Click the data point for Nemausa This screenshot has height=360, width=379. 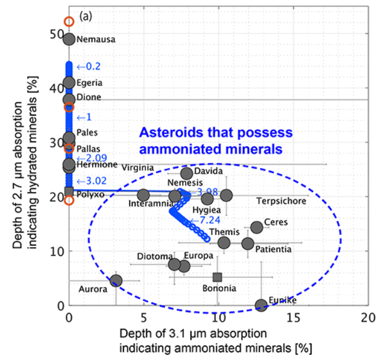[x=69, y=40]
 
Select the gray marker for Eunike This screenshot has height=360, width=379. [x=261, y=305]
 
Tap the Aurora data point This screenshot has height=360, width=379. [x=116, y=281]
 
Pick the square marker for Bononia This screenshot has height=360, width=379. [x=217, y=277]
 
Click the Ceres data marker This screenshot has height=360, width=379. [x=257, y=227]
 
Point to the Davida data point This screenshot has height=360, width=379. [x=187, y=173]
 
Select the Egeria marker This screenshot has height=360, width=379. [x=69, y=83]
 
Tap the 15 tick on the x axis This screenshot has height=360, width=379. [x=292, y=318]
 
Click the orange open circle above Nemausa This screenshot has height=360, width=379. [x=69, y=22]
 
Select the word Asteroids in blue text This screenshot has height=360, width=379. [x=164, y=133]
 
